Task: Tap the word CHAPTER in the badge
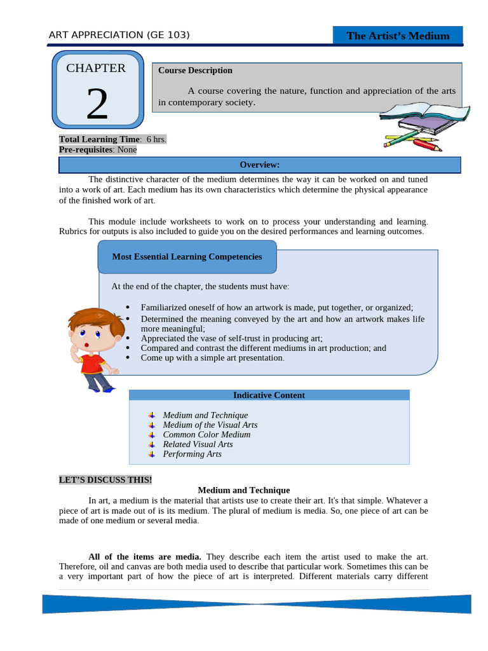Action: click(x=96, y=68)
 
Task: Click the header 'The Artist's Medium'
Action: click(x=398, y=36)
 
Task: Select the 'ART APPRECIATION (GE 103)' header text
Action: click(x=119, y=35)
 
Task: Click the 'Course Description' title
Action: click(x=195, y=71)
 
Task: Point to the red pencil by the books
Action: click(x=427, y=144)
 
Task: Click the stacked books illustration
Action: click(x=424, y=119)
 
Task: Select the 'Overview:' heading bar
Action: click(x=259, y=165)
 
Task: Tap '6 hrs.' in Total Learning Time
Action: click(x=156, y=139)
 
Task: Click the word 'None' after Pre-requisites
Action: click(x=126, y=149)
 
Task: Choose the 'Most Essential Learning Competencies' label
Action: click(x=187, y=257)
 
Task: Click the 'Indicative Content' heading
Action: click(x=269, y=395)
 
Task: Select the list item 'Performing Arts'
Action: click(x=192, y=454)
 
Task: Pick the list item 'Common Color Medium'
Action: click(x=207, y=434)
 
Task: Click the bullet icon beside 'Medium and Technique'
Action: click(x=151, y=415)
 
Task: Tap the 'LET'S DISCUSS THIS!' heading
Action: click(x=105, y=480)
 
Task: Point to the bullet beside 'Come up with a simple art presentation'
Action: click(x=128, y=357)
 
